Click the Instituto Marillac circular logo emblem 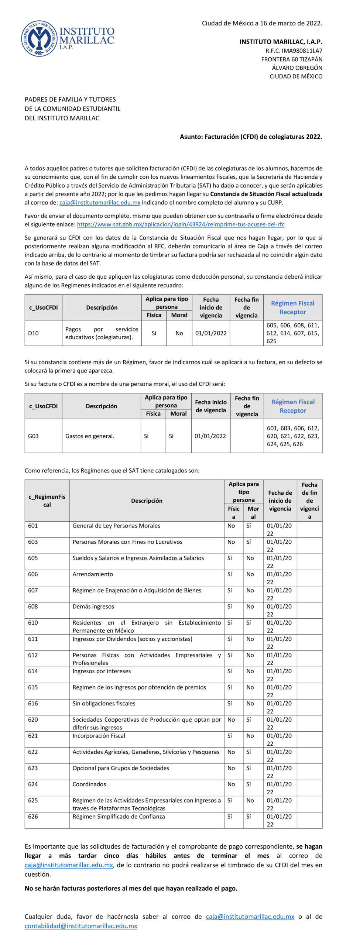point(38,38)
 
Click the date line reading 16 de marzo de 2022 point(262,23)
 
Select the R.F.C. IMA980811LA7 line point(294,51)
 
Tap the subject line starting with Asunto point(251,137)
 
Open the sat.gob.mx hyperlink point(181,224)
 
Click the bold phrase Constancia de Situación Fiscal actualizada point(266,194)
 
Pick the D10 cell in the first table point(34,333)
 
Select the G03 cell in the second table point(34,436)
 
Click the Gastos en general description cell point(90,436)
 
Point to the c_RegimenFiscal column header point(47,501)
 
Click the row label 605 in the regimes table point(33,558)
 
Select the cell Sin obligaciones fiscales point(104,703)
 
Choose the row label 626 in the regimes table point(33,816)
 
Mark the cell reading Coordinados point(89,784)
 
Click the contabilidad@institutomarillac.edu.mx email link point(81,926)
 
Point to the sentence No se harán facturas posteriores point(131,888)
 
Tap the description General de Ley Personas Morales point(116,526)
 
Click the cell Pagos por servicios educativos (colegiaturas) point(102,333)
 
